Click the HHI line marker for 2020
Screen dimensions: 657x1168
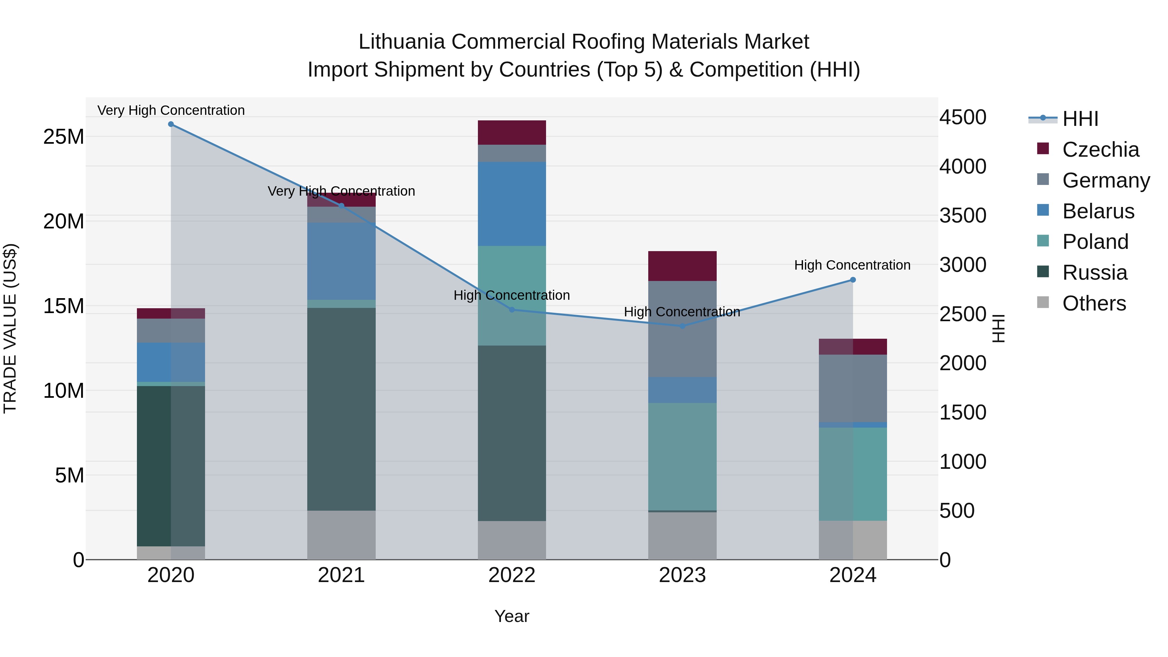point(171,124)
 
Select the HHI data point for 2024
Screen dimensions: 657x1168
point(853,280)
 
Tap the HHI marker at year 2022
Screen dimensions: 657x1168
point(512,310)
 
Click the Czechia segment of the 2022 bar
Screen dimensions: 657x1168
point(512,132)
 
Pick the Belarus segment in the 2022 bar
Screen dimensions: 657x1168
point(512,204)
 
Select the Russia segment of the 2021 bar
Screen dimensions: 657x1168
point(341,409)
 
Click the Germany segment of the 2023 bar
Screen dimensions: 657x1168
point(682,329)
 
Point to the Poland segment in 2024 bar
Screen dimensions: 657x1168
point(853,474)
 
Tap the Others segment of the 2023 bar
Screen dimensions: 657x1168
point(682,536)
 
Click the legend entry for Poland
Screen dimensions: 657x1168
point(1095,242)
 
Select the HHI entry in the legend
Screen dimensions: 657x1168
point(1080,119)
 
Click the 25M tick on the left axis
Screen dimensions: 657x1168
point(64,137)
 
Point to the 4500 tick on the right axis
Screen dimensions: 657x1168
point(963,117)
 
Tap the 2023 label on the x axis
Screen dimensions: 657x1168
point(682,575)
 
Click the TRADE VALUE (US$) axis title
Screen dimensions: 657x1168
point(10,328)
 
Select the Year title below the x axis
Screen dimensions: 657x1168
point(512,616)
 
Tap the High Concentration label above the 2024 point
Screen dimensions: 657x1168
point(852,265)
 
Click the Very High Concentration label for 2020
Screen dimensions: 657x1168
point(171,110)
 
